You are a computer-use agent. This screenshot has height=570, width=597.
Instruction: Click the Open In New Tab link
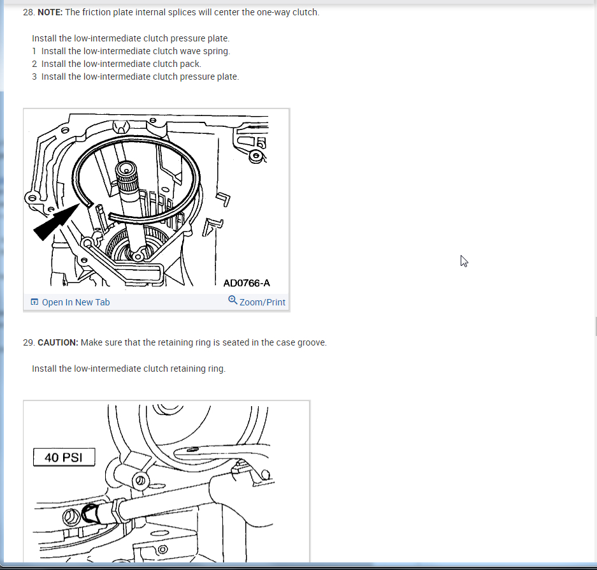pyautogui.click(x=76, y=302)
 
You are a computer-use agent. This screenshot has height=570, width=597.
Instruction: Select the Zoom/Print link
pyautogui.click(x=262, y=302)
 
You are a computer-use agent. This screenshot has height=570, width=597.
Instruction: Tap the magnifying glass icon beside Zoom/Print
pyautogui.click(x=233, y=300)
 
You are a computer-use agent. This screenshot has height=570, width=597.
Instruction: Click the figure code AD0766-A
pyautogui.click(x=247, y=283)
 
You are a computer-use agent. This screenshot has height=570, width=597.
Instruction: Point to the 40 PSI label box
pyautogui.click(x=64, y=457)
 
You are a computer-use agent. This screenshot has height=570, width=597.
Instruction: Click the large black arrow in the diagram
pyautogui.click(x=56, y=222)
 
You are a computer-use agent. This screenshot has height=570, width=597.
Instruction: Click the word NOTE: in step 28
pyautogui.click(x=50, y=12)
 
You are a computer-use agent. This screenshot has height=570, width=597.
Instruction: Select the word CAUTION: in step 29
pyautogui.click(x=58, y=342)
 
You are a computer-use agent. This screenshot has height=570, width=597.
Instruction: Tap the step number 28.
pyautogui.click(x=29, y=12)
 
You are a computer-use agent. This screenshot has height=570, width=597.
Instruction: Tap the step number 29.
pyautogui.click(x=29, y=342)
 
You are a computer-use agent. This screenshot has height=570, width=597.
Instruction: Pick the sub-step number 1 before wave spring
pyautogui.click(x=34, y=51)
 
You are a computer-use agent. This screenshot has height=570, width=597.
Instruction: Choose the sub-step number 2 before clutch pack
pyautogui.click(x=34, y=64)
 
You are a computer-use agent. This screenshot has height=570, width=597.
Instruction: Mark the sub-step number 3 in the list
pyautogui.click(x=34, y=77)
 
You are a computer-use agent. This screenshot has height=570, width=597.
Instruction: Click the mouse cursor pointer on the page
pyautogui.click(x=464, y=261)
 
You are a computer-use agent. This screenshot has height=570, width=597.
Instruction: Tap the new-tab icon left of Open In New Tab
pyautogui.click(x=34, y=302)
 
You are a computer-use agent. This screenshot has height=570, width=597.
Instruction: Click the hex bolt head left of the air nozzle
pyautogui.click(x=71, y=518)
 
